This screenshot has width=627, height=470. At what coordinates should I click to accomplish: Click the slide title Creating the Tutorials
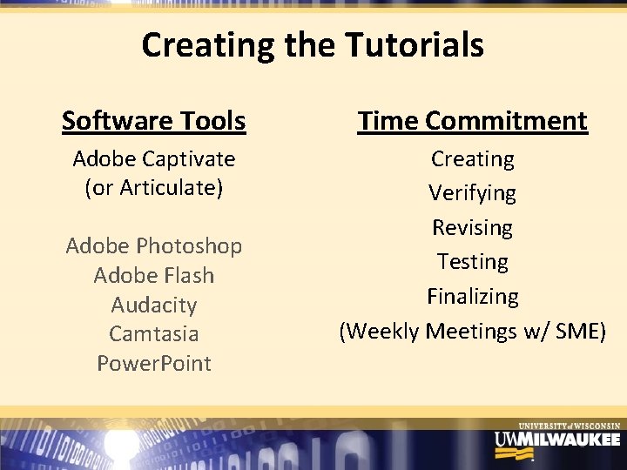coord(313,45)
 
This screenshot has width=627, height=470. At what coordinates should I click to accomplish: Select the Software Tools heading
coord(153,121)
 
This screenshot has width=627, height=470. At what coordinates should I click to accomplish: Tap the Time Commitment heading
coord(473,121)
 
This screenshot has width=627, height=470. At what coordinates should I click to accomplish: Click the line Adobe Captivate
coord(154,159)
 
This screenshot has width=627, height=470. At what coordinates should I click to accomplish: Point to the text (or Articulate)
coord(154,188)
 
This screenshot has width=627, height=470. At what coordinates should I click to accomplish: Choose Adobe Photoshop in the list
coord(154,246)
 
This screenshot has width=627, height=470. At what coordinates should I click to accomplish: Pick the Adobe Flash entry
coord(154,276)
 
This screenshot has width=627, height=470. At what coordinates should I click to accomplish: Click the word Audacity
coord(154,305)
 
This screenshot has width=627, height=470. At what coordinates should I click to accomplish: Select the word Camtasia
coord(154,334)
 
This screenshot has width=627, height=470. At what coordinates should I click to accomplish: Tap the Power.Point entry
coord(154,363)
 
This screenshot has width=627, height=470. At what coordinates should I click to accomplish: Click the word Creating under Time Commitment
coord(473,159)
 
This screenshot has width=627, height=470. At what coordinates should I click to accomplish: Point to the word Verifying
coord(473,193)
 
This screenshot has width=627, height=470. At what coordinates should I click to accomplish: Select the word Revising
coord(473,228)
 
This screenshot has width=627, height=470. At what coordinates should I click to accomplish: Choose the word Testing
coord(473,261)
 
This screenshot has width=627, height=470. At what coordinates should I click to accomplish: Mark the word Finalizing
coord(473,297)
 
